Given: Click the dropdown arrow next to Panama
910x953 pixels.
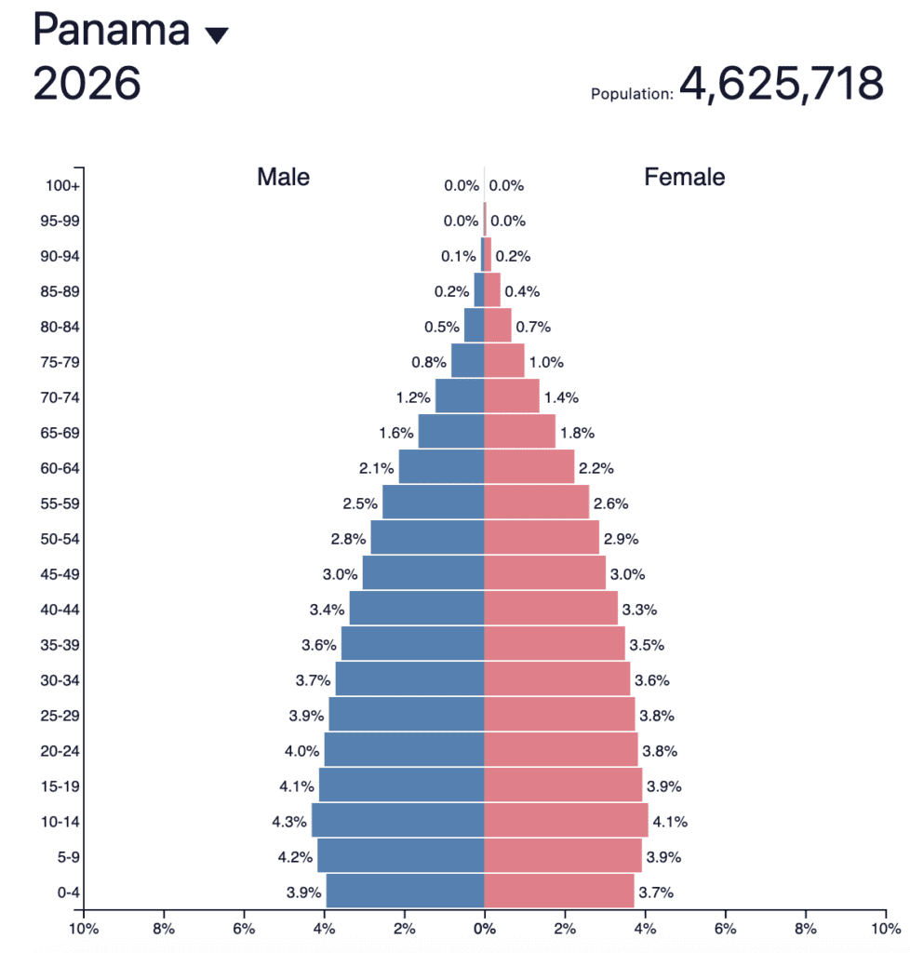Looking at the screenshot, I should (x=216, y=35).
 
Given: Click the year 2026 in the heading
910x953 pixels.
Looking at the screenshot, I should (x=87, y=84).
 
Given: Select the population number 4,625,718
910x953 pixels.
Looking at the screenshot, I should (x=781, y=84).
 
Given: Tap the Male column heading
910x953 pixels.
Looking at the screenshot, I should (x=284, y=177).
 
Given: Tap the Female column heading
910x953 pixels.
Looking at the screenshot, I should (x=685, y=177).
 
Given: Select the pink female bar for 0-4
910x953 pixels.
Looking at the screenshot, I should (x=559, y=892).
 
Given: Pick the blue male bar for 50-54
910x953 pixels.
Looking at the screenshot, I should (x=427, y=538).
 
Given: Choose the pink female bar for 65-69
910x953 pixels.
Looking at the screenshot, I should (x=519, y=432).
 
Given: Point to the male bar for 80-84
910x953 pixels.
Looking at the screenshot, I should (x=475, y=326).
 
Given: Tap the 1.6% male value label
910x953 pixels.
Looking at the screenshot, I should (x=395, y=433).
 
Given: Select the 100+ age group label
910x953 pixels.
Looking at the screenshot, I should (x=62, y=185).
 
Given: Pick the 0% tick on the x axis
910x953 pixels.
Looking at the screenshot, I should (x=484, y=928).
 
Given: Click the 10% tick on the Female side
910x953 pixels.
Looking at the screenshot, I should (x=884, y=928).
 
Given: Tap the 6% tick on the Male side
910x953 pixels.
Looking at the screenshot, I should (x=244, y=928).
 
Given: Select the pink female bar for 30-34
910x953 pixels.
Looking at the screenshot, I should (x=557, y=679).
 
